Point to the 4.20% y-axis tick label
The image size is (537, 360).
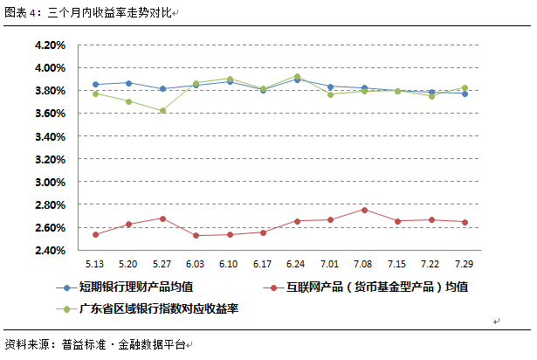pyautogui.click(x=49, y=45)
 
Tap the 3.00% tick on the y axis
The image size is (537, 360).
pyautogui.click(x=49, y=182)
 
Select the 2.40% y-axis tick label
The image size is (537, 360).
pyautogui.click(x=49, y=251)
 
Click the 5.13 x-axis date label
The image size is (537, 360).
pyautogui.click(x=94, y=264)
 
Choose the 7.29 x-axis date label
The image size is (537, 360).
pyautogui.click(x=465, y=264)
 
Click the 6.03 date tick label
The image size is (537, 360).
pyautogui.click(x=196, y=264)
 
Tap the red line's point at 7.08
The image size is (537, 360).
pyautogui.click(x=364, y=210)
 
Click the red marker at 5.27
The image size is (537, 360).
pyautogui.click(x=162, y=218)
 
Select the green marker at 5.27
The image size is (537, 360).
pyautogui.click(x=162, y=110)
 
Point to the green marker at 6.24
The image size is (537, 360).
pyautogui.click(x=297, y=77)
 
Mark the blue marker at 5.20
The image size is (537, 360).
pyautogui.click(x=128, y=83)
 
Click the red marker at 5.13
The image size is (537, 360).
pyautogui.click(x=94, y=234)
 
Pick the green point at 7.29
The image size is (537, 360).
pyautogui.click(x=465, y=87)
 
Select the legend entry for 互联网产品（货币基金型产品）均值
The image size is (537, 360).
pyautogui.click(x=367, y=287)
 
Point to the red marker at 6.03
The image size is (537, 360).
pyautogui.click(x=196, y=235)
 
